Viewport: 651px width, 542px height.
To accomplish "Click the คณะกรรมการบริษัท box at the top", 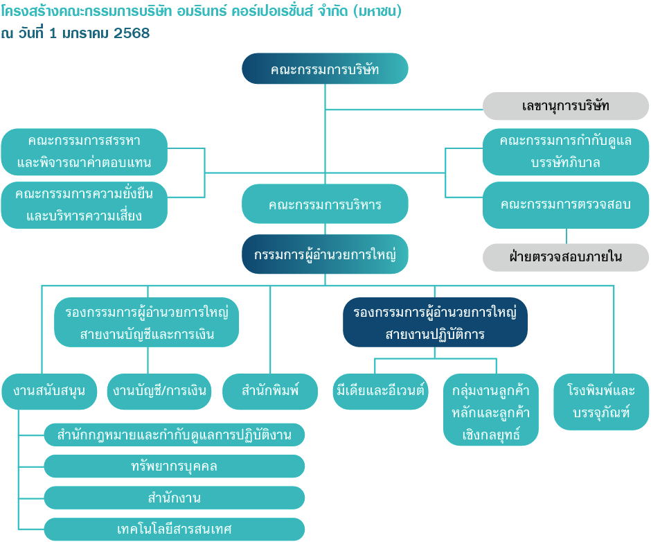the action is tap(325, 69).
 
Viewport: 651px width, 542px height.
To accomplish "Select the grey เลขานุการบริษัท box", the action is tap(566, 106).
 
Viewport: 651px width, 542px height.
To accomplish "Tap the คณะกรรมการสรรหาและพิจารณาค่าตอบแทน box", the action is tap(84, 152).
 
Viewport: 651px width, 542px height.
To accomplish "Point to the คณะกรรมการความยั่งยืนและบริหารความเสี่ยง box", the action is tap(84, 205).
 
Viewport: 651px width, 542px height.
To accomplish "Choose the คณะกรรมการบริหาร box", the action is tap(325, 204).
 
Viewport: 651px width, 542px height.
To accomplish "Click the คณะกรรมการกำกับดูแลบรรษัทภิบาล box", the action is tap(566, 152).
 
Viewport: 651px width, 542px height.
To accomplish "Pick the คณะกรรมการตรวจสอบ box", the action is tap(566, 205).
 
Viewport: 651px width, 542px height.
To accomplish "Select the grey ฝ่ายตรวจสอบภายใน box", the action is tap(566, 257).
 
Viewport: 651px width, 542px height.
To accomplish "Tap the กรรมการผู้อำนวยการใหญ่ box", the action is tap(325, 254).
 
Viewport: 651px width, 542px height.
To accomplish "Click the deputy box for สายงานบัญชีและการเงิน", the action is tap(147, 322).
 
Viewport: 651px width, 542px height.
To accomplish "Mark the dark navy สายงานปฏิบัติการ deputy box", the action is tap(435, 322).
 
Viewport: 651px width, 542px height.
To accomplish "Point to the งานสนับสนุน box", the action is tap(49, 392).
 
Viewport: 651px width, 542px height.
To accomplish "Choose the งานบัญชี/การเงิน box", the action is tap(159, 392).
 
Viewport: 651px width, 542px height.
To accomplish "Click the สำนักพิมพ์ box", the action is tap(270, 392).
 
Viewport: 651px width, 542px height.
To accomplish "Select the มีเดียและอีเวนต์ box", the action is tap(380, 392).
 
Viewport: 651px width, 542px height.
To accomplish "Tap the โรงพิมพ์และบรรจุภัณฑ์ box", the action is tap(601, 402).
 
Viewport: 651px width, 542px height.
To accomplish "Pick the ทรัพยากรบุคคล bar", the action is tap(175, 466).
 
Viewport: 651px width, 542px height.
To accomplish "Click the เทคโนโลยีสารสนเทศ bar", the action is tap(175, 529).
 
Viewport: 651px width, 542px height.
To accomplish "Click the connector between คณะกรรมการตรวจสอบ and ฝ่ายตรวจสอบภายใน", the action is tap(567, 236).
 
